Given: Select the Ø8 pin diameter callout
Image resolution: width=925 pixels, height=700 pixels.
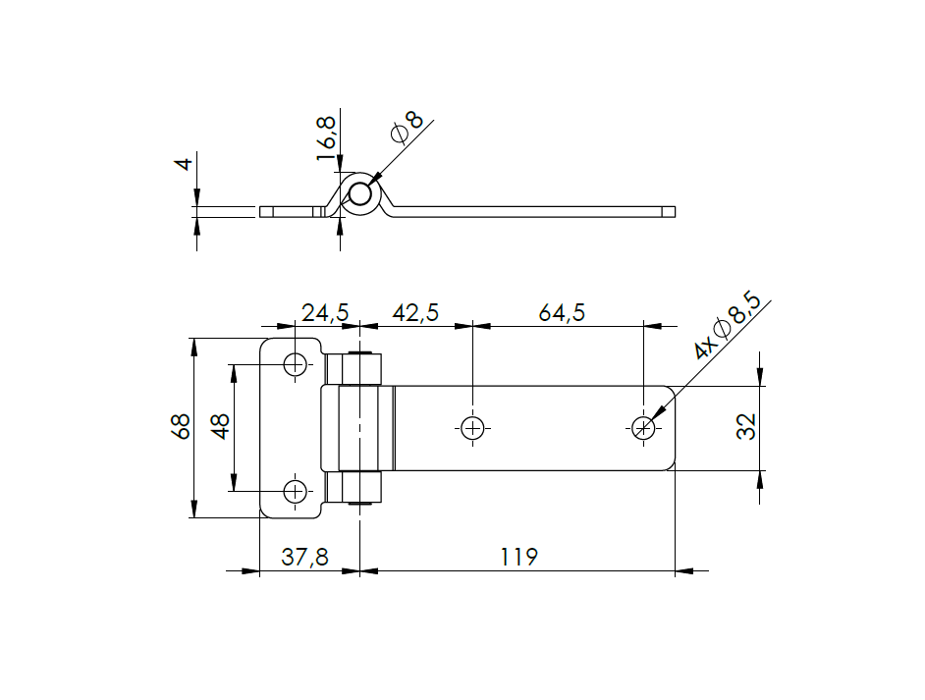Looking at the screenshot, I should [407, 128].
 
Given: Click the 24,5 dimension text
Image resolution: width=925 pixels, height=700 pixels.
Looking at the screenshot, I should [325, 313].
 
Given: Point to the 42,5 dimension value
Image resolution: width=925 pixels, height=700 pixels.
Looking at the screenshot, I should [415, 313].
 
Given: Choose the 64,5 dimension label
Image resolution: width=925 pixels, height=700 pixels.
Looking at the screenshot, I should [562, 313].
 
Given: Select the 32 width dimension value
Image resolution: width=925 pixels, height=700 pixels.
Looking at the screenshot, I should [747, 426].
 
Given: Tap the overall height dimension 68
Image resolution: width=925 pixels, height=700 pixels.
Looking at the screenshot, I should [180, 427].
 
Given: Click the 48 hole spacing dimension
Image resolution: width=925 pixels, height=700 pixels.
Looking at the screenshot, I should [221, 427].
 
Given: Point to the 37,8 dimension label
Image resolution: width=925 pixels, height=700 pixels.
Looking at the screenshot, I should [305, 558].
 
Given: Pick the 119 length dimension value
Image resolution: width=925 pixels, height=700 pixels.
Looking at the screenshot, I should [518, 558].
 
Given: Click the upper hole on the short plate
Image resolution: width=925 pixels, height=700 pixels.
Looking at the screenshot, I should [295, 364].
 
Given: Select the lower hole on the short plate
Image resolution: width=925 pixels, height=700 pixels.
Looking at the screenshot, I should [295, 491].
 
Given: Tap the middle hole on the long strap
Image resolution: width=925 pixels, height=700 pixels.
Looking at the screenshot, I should [472, 428].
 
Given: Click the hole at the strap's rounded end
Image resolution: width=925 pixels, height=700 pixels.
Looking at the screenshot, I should [642, 428].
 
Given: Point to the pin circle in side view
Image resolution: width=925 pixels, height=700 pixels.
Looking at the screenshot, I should [361, 193].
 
